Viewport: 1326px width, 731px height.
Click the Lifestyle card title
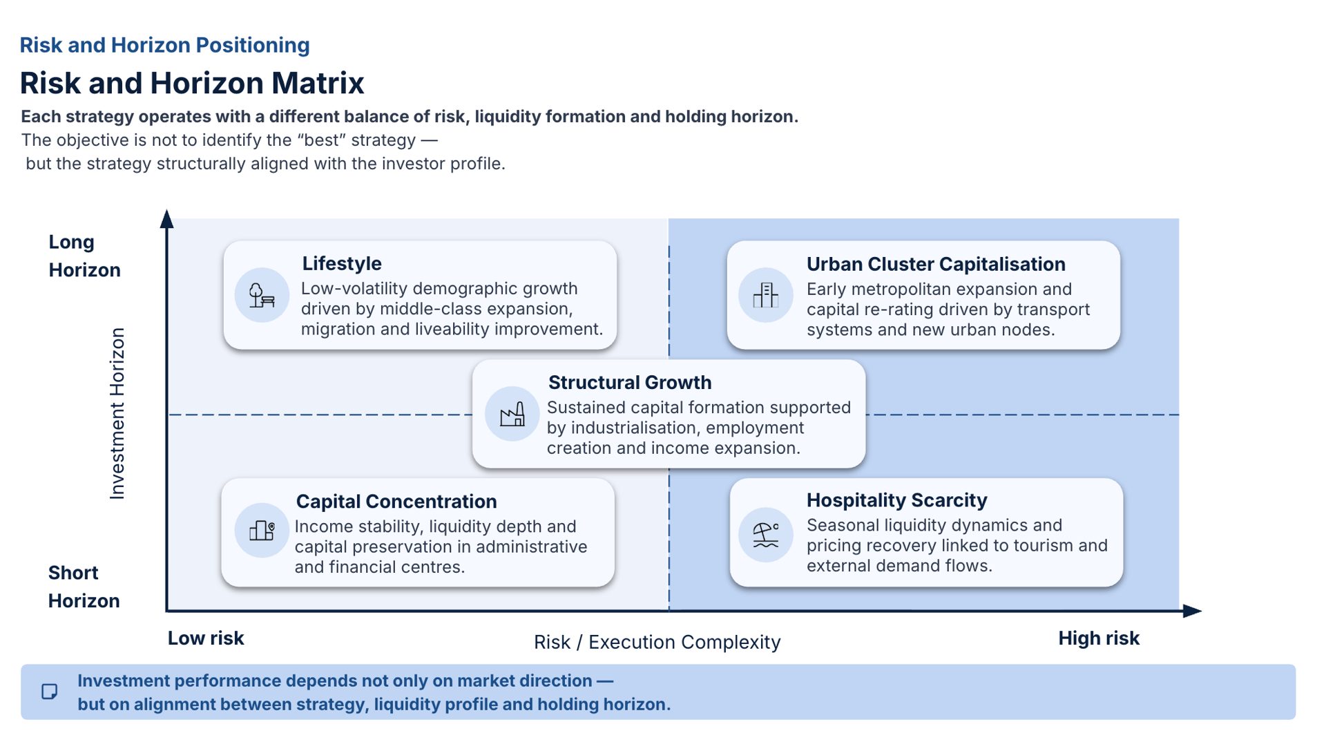tap(342, 263)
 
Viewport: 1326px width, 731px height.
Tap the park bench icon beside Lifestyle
tap(262, 295)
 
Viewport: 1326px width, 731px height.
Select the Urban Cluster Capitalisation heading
tap(936, 264)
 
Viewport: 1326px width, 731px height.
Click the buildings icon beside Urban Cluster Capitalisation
tap(765, 295)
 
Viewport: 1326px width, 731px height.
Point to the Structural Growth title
tap(630, 382)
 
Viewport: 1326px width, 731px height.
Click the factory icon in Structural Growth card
tap(512, 414)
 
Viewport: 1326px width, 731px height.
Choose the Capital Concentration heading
tap(396, 501)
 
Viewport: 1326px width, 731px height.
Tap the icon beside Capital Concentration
tap(262, 530)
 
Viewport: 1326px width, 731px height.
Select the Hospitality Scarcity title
tap(896, 500)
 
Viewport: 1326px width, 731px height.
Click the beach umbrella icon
tap(766, 534)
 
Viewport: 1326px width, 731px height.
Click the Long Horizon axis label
tap(84, 256)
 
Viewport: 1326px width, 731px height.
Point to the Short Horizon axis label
tap(84, 587)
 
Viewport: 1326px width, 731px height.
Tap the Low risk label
tap(206, 638)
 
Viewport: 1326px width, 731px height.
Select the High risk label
tap(1099, 638)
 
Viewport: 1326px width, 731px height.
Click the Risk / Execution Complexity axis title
tap(657, 642)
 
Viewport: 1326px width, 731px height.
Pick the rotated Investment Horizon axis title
tap(117, 413)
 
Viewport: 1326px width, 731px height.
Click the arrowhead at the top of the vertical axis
tap(166, 218)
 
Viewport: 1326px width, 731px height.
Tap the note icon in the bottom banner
tap(50, 692)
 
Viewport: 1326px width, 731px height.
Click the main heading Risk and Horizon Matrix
tap(192, 83)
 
